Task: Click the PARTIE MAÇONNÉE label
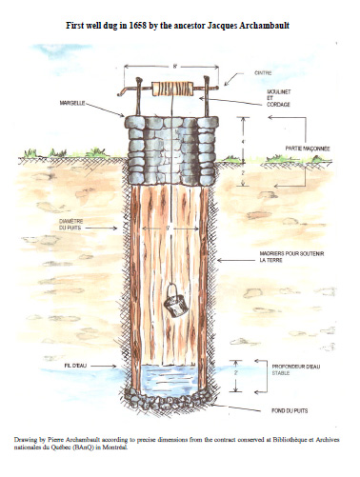[306, 149]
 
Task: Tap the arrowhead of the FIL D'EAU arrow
[122, 365]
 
